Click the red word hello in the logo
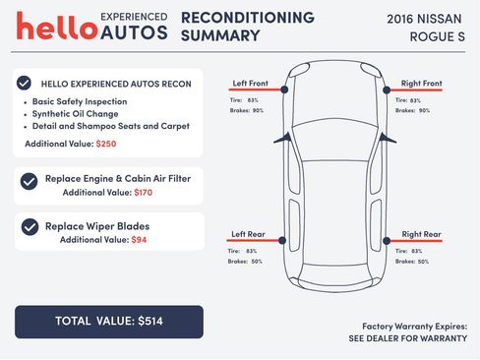[56, 27]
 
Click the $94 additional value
[139, 240]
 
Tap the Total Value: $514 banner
[108, 321]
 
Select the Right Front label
[421, 83]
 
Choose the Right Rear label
[421, 234]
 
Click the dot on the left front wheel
[284, 90]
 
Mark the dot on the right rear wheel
[381, 241]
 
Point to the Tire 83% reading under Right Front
[408, 99]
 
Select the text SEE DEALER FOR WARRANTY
[407, 338]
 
